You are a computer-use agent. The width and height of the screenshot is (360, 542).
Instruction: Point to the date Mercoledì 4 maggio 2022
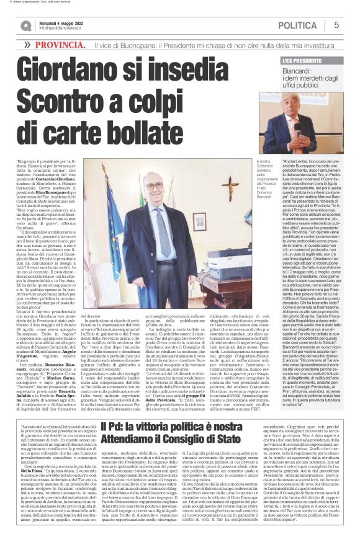tap(63, 22)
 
